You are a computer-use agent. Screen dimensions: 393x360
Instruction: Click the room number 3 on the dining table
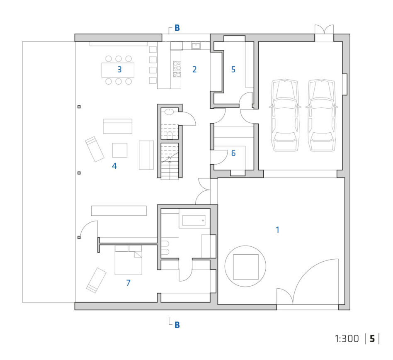point(119,69)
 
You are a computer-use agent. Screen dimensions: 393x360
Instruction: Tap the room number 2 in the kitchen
point(194,69)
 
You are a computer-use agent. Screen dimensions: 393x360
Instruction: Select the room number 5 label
point(233,69)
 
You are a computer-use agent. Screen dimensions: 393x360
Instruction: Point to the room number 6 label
point(233,153)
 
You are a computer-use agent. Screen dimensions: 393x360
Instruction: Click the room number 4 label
point(114,166)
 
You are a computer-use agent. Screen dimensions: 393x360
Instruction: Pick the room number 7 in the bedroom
point(129,283)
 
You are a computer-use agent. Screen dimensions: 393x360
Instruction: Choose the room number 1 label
point(277,230)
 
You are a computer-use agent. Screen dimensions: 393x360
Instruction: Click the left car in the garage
point(285,115)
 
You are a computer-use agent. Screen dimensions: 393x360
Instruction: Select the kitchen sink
point(196,46)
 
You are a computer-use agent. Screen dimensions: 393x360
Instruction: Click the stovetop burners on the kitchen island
point(177,69)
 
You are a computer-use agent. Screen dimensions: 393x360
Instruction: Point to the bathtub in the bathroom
point(194,220)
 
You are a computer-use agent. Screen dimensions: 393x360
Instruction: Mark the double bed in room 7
point(129,260)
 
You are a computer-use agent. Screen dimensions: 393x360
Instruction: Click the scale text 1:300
point(347,339)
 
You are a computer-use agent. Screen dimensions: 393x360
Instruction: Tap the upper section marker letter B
point(177,28)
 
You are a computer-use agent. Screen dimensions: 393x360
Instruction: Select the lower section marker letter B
point(177,325)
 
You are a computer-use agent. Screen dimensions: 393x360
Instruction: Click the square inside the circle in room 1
point(245,267)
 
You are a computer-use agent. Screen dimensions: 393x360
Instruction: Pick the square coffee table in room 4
point(119,150)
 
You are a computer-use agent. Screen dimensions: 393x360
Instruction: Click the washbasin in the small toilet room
point(170,112)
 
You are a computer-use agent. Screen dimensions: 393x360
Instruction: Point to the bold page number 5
point(372,339)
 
